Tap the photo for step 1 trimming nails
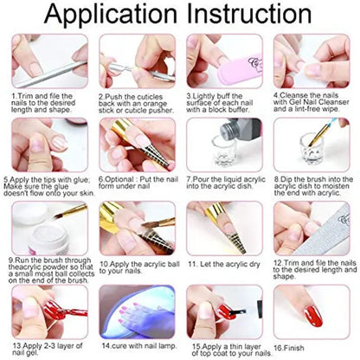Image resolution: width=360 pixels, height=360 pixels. point(48,60)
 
